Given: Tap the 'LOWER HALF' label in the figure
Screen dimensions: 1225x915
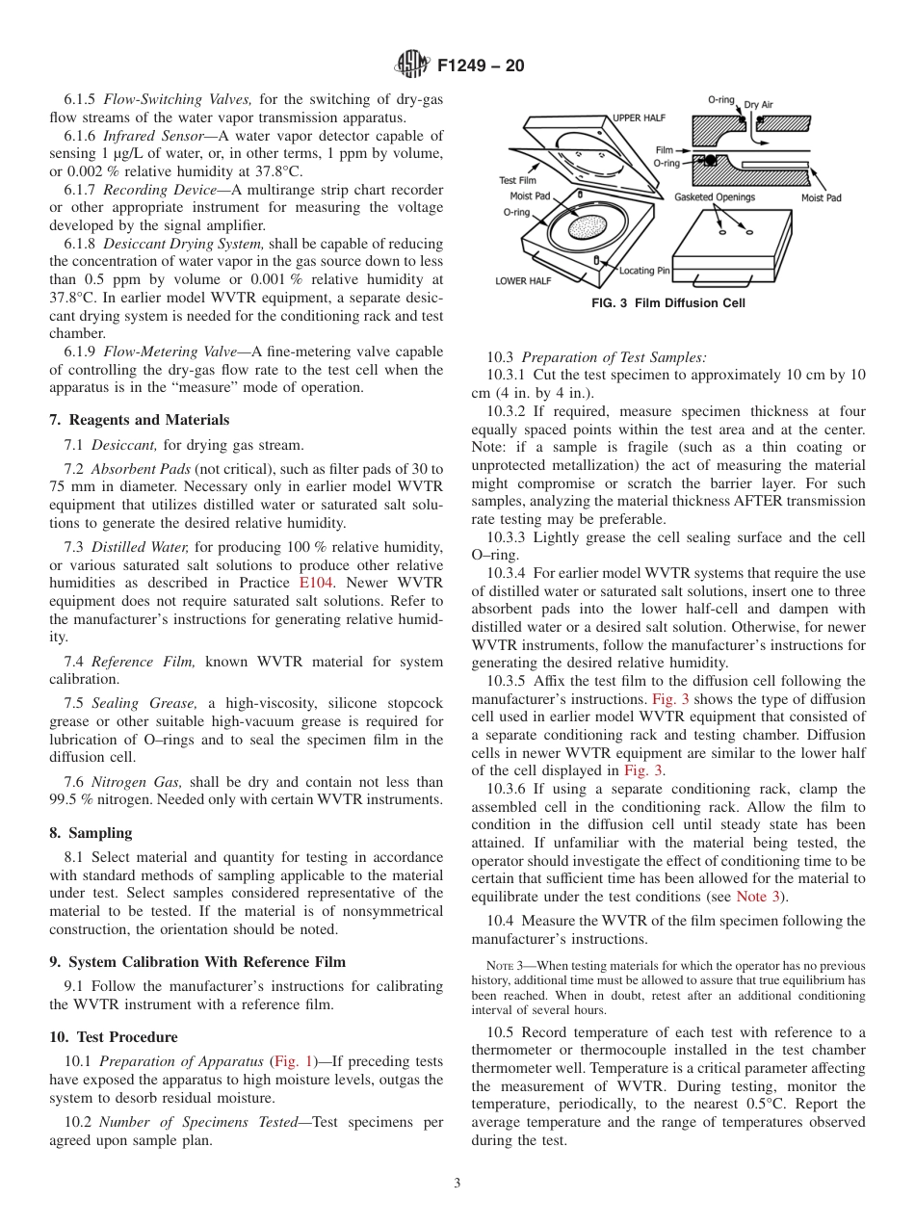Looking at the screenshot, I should (x=523, y=281).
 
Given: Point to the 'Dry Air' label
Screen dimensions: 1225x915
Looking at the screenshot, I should (x=759, y=105).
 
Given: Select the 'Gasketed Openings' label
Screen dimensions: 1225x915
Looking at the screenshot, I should (x=715, y=197).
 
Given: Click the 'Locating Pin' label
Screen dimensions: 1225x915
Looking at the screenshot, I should (x=644, y=271).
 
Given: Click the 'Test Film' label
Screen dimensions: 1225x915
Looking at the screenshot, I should (x=518, y=180).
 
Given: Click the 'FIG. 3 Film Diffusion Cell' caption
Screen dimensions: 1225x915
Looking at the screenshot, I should (x=668, y=303).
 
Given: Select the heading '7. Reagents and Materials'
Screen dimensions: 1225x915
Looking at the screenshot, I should (x=139, y=420).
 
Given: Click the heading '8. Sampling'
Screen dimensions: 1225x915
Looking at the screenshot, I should (x=91, y=833).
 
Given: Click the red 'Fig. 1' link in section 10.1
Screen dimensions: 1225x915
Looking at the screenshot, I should (x=288, y=1061).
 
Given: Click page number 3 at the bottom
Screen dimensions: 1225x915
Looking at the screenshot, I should (x=457, y=1184).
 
